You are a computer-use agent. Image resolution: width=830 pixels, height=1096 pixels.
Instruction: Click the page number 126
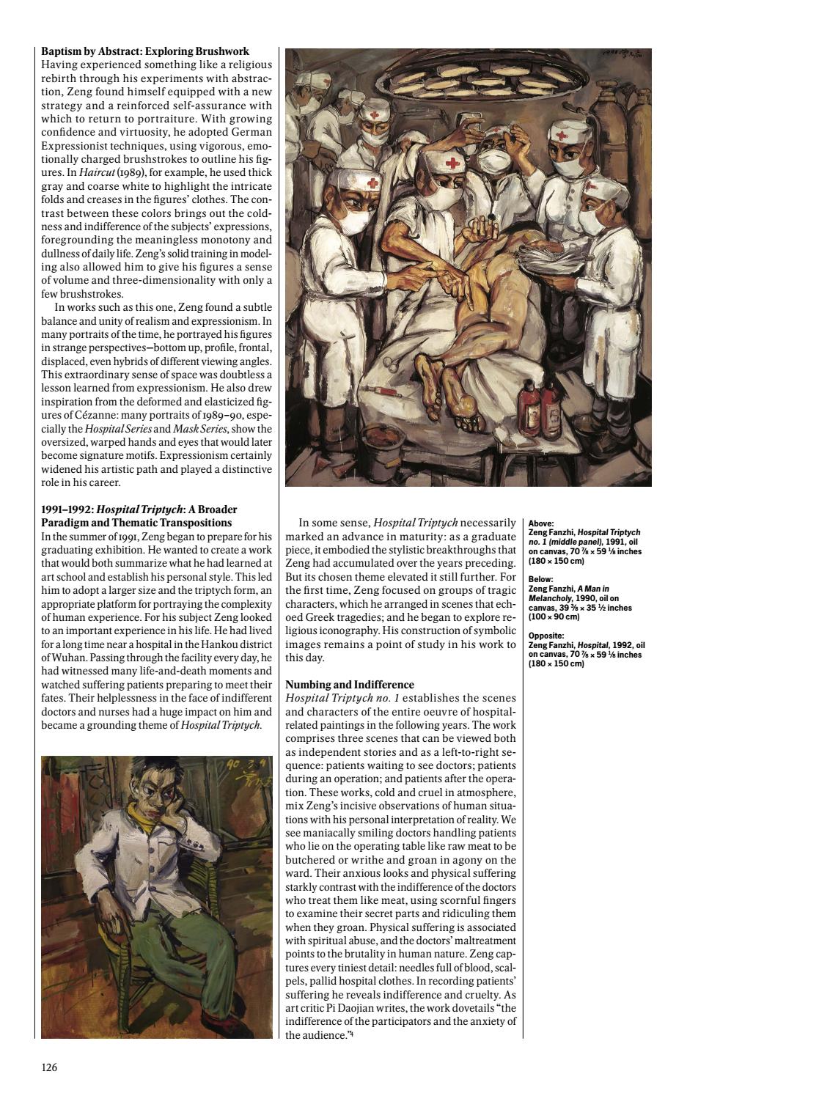(x=49, y=1067)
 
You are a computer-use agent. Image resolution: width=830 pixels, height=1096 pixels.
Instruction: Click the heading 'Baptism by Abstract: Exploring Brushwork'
(x=145, y=52)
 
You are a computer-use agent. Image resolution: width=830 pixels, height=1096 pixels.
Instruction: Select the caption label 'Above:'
(x=541, y=524)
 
